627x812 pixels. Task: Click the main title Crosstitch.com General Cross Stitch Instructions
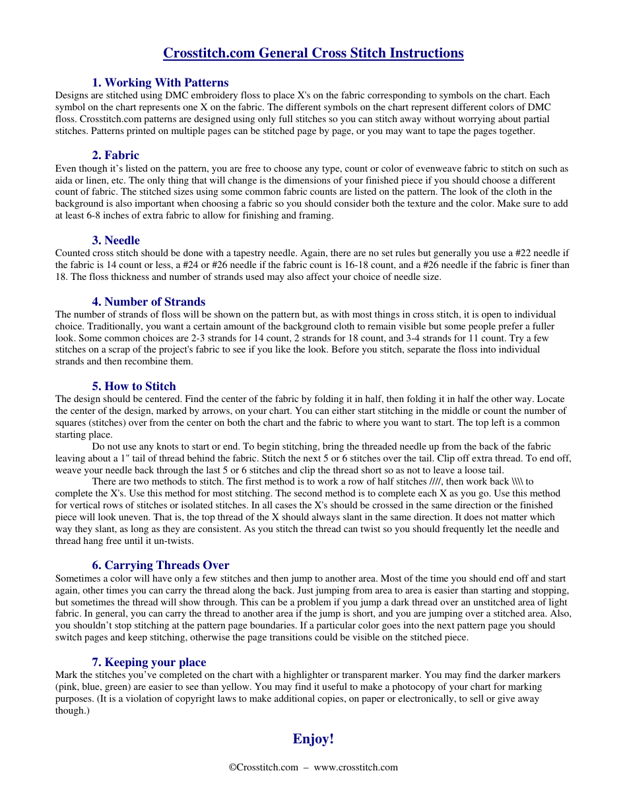(x=313, y=53)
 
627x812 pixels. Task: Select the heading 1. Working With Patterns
(x=160, y=83)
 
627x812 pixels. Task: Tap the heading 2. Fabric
(x=115, y=155)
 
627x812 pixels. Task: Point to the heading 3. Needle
(x=115, y=240)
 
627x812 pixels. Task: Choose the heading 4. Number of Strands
(x=148, y=302)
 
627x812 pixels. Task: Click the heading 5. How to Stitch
(x=134, y=386)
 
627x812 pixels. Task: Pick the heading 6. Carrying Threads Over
(x=160, y=565)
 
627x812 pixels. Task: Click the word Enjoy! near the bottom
(x=313, y=739)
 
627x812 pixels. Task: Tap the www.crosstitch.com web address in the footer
(x=356, y=767)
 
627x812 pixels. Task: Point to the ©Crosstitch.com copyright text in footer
(x=263, y=767)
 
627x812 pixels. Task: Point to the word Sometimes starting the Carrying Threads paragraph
(x=77, y=578)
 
